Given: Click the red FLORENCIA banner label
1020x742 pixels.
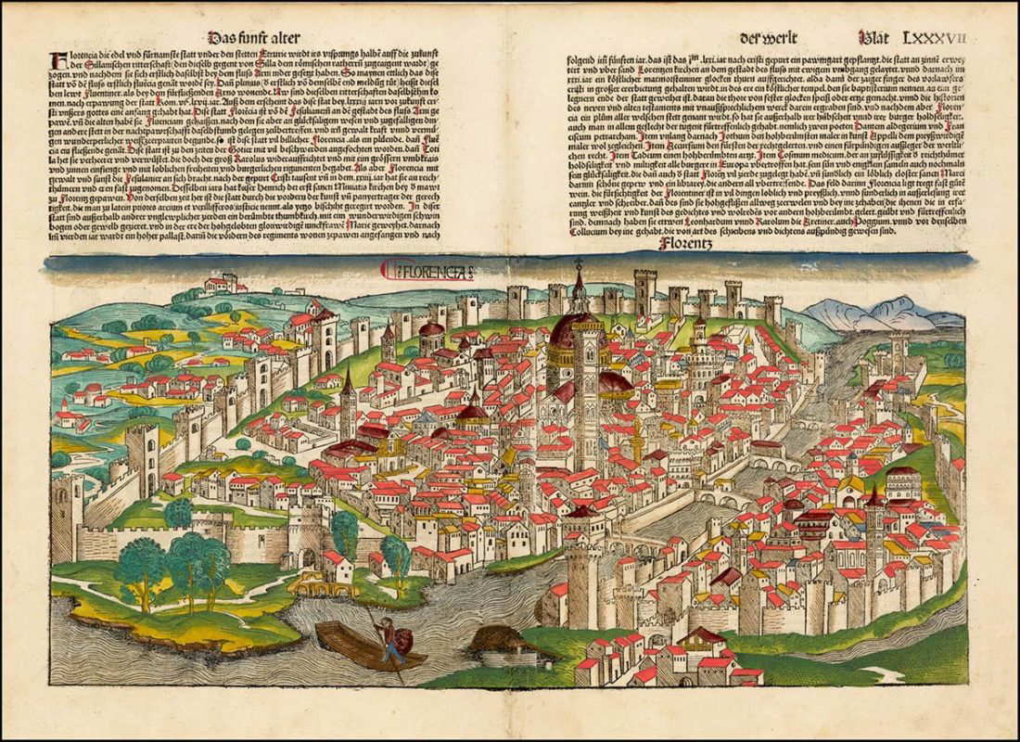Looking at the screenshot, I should tap(428, 271).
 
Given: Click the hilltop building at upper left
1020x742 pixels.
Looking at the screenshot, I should tap(223, 283).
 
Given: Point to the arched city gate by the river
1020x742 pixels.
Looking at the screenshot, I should tap(306, 556).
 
